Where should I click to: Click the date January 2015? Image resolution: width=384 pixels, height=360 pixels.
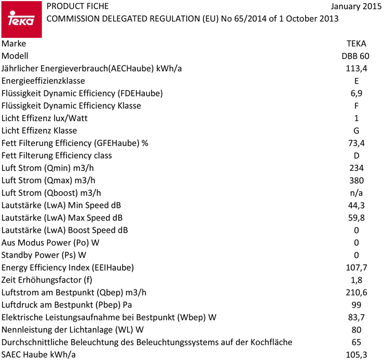(x=354, y=7)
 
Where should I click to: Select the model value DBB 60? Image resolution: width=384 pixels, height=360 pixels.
(x=356, y=56)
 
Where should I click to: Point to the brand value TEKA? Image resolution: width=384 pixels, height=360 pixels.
(x=356, y=44)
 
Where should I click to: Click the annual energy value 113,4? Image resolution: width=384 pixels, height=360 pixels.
(x=356, y=69)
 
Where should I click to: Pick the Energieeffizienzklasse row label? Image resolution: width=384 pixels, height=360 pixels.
(x=44, y=81)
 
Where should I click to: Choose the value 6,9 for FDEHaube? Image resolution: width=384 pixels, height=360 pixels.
(x=356, y=94)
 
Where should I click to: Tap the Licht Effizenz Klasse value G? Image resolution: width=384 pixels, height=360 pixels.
(x=356, y=131)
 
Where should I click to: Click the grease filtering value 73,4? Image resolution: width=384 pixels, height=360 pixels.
(x=356, y=143)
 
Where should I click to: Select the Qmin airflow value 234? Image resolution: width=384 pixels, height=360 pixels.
(x=356, y=168)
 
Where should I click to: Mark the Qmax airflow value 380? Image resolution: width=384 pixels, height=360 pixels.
(x=356, y=181)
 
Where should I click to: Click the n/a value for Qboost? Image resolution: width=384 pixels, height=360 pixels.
(x=356, y=193)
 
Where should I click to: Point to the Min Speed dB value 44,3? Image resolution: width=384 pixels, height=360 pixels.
(x=356, y=206)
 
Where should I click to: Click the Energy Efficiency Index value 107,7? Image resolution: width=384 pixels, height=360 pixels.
(x=356, y=268)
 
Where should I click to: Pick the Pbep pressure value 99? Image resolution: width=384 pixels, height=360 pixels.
(x=356, y=305)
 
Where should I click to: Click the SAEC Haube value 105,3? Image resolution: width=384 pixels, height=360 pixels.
(x=356, y=355)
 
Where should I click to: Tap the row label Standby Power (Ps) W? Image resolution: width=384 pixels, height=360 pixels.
(x=44, y=256)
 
